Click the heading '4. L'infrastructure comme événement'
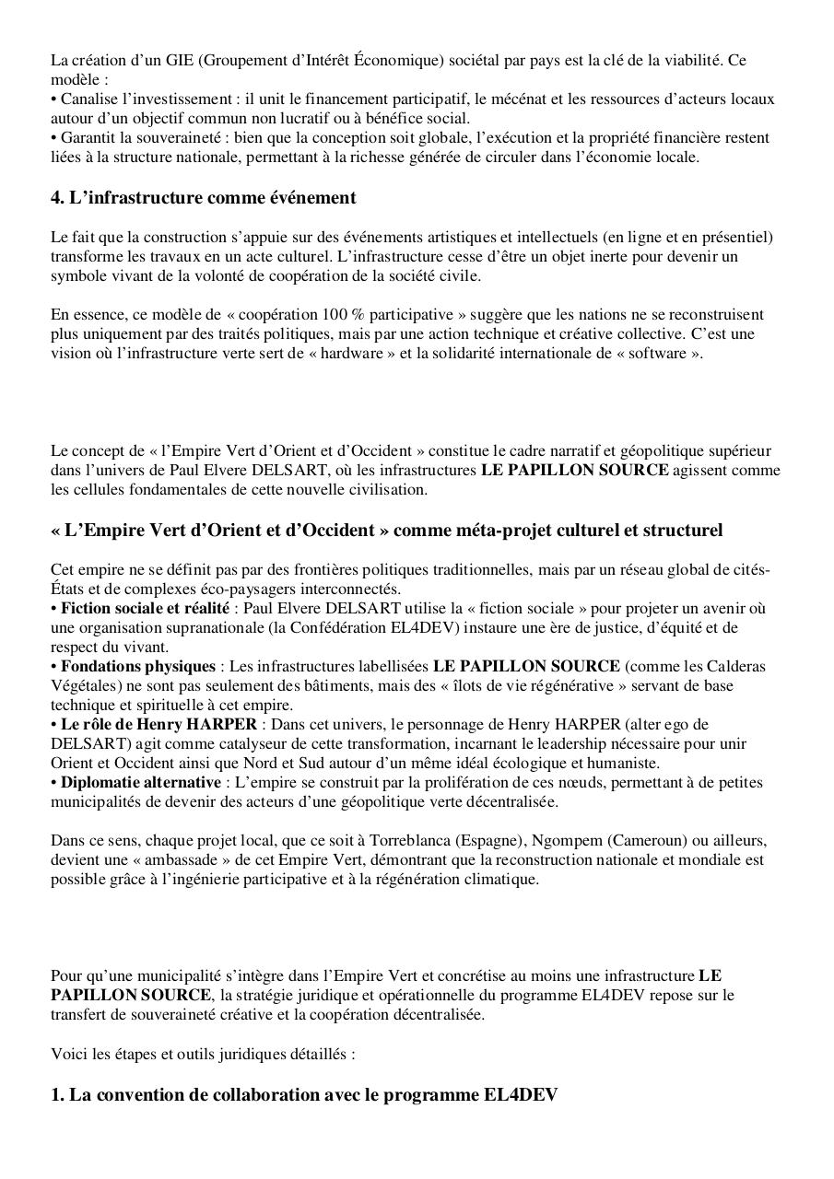(x=203, y=198)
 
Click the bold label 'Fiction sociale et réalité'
(x=145, y=609)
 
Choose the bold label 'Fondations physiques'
(x=137, y=666)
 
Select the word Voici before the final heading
(x=69, y=1054)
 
